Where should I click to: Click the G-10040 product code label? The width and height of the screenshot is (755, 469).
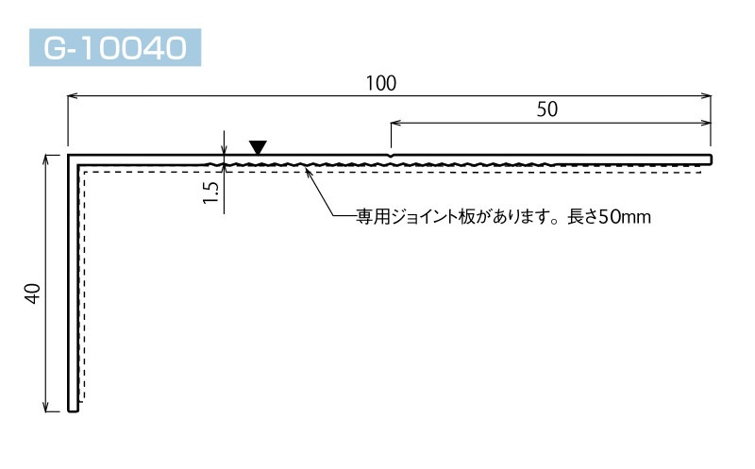click(115, 47)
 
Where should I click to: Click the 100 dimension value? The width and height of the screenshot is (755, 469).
click(381, 83)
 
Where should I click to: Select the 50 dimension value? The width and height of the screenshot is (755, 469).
click(547, 109)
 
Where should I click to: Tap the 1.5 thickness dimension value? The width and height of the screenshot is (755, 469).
click(210, 193)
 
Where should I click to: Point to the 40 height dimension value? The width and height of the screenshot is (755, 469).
click(32, 293)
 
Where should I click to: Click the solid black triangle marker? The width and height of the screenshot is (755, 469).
click(258, 147)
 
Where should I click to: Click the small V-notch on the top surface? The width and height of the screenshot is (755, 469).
click(391, 156)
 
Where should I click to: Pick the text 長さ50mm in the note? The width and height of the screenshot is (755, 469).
click(609, 217)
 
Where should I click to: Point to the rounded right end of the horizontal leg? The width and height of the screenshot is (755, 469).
click(711, 159)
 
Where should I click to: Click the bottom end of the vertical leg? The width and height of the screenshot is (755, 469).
click(73, 410)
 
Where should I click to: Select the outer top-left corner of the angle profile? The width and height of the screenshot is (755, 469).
click(68, 155)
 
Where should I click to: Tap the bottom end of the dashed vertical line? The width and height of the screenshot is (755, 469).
click(84, 400)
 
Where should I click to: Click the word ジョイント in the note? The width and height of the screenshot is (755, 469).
click(424, 217)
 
